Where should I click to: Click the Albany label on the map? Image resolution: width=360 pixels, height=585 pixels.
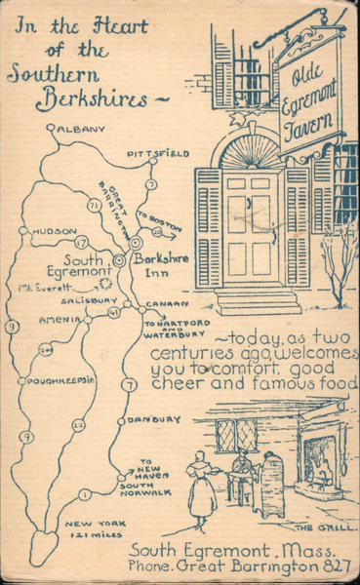80,129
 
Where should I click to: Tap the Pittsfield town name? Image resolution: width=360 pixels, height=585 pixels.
157,154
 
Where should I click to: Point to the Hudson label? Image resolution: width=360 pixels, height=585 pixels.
55,231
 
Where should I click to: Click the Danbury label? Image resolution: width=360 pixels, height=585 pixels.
155,419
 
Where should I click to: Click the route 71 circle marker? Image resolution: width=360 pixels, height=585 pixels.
94,206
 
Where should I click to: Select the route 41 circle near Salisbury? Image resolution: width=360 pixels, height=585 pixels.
114,312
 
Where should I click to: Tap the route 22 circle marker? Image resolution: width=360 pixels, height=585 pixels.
78,424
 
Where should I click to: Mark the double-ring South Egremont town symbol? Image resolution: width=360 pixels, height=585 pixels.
119,260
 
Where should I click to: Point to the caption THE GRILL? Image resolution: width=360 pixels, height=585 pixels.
317,527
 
